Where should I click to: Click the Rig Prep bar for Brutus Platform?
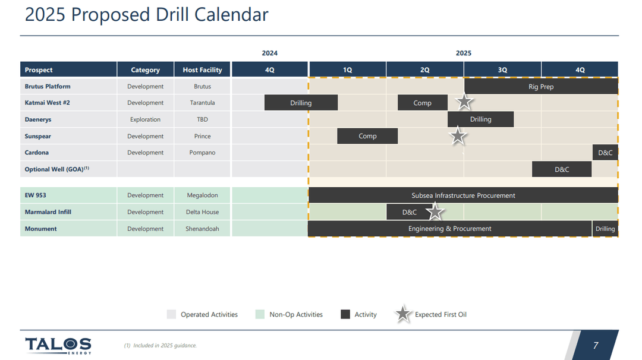pos(541,87)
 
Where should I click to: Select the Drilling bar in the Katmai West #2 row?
pos(301,103)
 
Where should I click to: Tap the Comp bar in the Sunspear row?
pos(367,136)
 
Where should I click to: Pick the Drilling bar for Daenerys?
pos(480,119)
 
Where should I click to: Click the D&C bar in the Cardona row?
pos(605,153)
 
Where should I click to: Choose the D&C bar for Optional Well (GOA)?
pos(562,169)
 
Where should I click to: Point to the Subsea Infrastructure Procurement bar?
pos(463,195)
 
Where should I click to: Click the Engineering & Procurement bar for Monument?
pos(449,229)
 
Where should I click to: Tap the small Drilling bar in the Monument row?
pos(605,229)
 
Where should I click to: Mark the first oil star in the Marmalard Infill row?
pos(435,211)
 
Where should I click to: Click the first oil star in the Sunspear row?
pos(458,136)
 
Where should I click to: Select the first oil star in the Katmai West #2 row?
pos(464,102)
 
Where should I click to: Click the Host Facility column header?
pos(202,70)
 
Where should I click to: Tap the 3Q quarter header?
pos(502,70)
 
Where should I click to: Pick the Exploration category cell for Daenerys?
pos(145,119)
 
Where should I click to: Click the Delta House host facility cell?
pos(202,212)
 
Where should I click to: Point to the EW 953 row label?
pos(36,195)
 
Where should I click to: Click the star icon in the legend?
pos(404,314)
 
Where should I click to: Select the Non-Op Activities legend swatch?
pos(260,314)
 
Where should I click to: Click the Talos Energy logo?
pos(58,345)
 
